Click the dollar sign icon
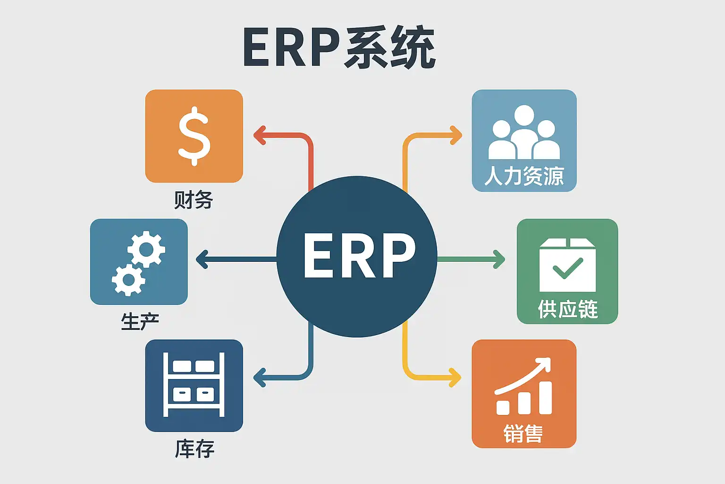tap(194, 136)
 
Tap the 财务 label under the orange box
tap(194, 200)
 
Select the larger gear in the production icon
tap(146, 249)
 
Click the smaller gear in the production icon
tap(128, 280)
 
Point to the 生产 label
tap(140, 321)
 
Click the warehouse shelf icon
tap(194, 385)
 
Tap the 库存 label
tap(194, 449)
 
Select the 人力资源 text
tap(524, 176)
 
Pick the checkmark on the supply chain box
tap(567, 268)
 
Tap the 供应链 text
tap(568, 310)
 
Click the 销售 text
tap(523, 433)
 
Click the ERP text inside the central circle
tap(359, 256)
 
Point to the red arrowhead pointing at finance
tap(259, 136)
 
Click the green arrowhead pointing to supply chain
tap(499, 259)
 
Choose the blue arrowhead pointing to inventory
tap(259, 377)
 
